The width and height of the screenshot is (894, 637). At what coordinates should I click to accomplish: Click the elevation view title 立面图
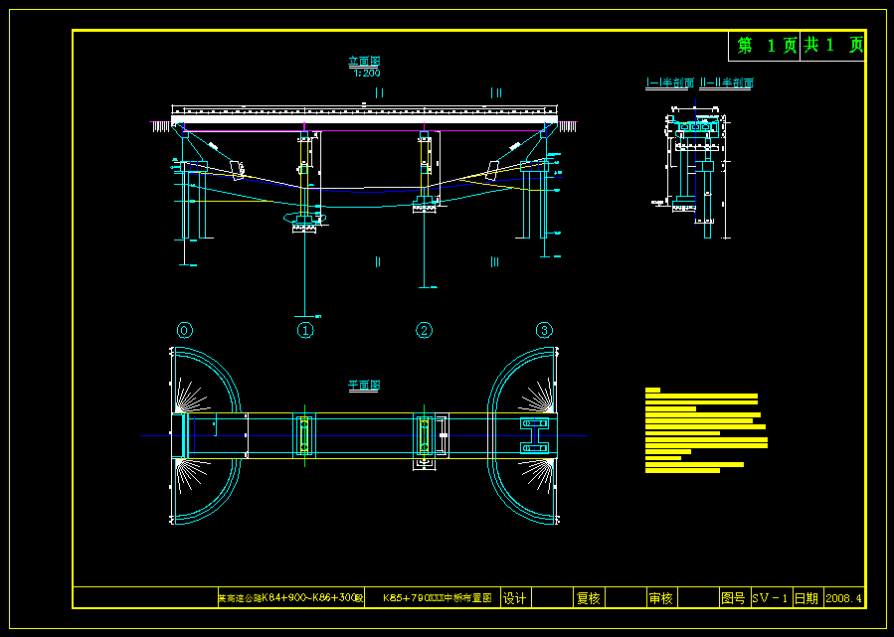pos(364,62)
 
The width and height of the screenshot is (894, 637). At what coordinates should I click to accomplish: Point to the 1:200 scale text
pos(366,73)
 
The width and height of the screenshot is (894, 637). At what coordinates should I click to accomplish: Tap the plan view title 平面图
pos(363,386)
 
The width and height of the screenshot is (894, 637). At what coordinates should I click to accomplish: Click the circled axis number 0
pos(184,330)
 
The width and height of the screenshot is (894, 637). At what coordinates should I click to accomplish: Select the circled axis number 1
pos(305,330)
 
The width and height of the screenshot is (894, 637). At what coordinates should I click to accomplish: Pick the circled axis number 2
pos(425,330)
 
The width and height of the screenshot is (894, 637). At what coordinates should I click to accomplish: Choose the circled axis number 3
pos(544,330)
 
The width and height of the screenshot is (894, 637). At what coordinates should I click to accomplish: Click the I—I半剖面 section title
pos(670,83)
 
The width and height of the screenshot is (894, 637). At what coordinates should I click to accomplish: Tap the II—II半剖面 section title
pos(727,83)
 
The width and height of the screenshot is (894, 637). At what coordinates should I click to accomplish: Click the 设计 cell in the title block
pos(514,598)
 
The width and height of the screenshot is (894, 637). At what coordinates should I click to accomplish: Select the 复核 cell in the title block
pos(588,598)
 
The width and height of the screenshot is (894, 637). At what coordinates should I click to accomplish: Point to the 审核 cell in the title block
pos(660,598)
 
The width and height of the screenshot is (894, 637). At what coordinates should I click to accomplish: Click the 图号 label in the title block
pos(733,598)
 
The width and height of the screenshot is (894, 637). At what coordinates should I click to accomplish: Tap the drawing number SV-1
pos(770,598)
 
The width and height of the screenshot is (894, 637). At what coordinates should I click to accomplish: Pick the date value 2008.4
pos(844,598)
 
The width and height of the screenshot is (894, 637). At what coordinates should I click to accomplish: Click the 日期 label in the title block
pos(805,598)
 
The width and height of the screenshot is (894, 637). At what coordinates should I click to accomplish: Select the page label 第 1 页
pos(766,46)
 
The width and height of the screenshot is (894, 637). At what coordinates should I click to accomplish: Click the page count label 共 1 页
pos(833,46)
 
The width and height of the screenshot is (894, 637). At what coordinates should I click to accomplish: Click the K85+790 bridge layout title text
pos(437,598)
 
